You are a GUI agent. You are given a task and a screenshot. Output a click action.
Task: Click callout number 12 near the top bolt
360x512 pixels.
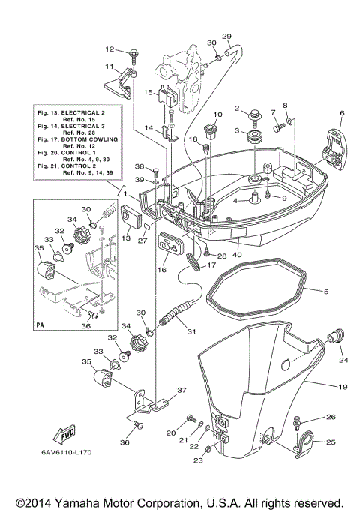point(110,49)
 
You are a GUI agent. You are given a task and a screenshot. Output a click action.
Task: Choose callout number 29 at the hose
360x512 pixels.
point(228,37)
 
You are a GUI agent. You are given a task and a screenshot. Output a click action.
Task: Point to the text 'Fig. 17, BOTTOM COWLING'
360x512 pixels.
point(73,147)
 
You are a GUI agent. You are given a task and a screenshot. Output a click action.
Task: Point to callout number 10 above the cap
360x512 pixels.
point(218,115)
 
